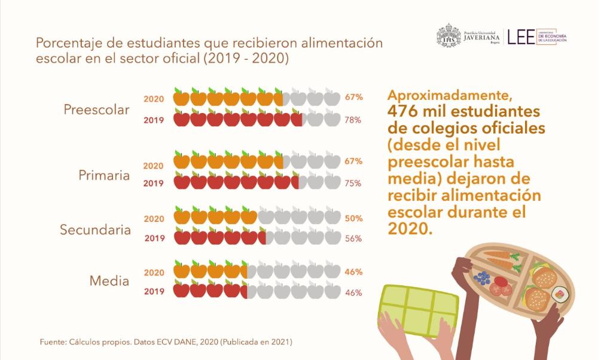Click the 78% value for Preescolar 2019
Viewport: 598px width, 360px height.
(x=353, y=120)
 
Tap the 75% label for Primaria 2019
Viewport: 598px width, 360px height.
(x=353, y=184)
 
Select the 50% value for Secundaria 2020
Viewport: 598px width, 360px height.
(x=353, y=219)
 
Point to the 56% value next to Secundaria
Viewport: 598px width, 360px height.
(x=353, y=238)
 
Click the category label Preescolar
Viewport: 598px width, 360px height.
(x=96, y=111)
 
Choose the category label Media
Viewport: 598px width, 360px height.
(x=109, y=280)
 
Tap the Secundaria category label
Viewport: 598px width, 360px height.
(x=95, y=230)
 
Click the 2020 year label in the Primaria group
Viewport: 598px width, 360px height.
(x=154, y=165)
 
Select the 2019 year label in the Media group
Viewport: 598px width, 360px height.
(x=154, y=292)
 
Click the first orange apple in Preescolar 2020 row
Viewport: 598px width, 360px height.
(x=182, y=97)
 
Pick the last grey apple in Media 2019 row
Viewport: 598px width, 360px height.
(x=332, y=291)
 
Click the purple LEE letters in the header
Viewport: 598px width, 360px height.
(x=521, y=37)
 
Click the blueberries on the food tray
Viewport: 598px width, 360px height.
(x=481, y=278)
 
